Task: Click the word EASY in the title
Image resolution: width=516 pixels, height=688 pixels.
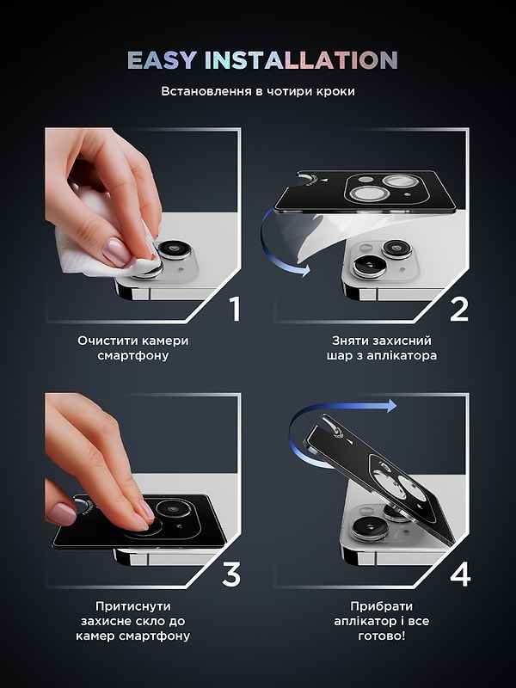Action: coord(161,60)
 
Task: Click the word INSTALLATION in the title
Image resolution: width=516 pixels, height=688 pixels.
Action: coord(300,60)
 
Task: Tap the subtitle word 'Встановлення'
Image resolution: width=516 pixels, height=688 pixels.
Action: coord(203,91)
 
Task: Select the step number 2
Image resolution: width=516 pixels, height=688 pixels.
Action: coord(459,308)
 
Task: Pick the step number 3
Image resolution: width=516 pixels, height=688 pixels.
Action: coord(230,574)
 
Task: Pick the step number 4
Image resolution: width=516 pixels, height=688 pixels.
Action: coord(460,574)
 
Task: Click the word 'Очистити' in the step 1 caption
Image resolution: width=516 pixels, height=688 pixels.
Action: coord(107,341)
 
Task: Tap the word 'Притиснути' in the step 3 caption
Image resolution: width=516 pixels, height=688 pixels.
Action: coord(133,605)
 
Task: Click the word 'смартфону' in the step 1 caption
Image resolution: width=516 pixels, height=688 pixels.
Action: coord(133,355)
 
